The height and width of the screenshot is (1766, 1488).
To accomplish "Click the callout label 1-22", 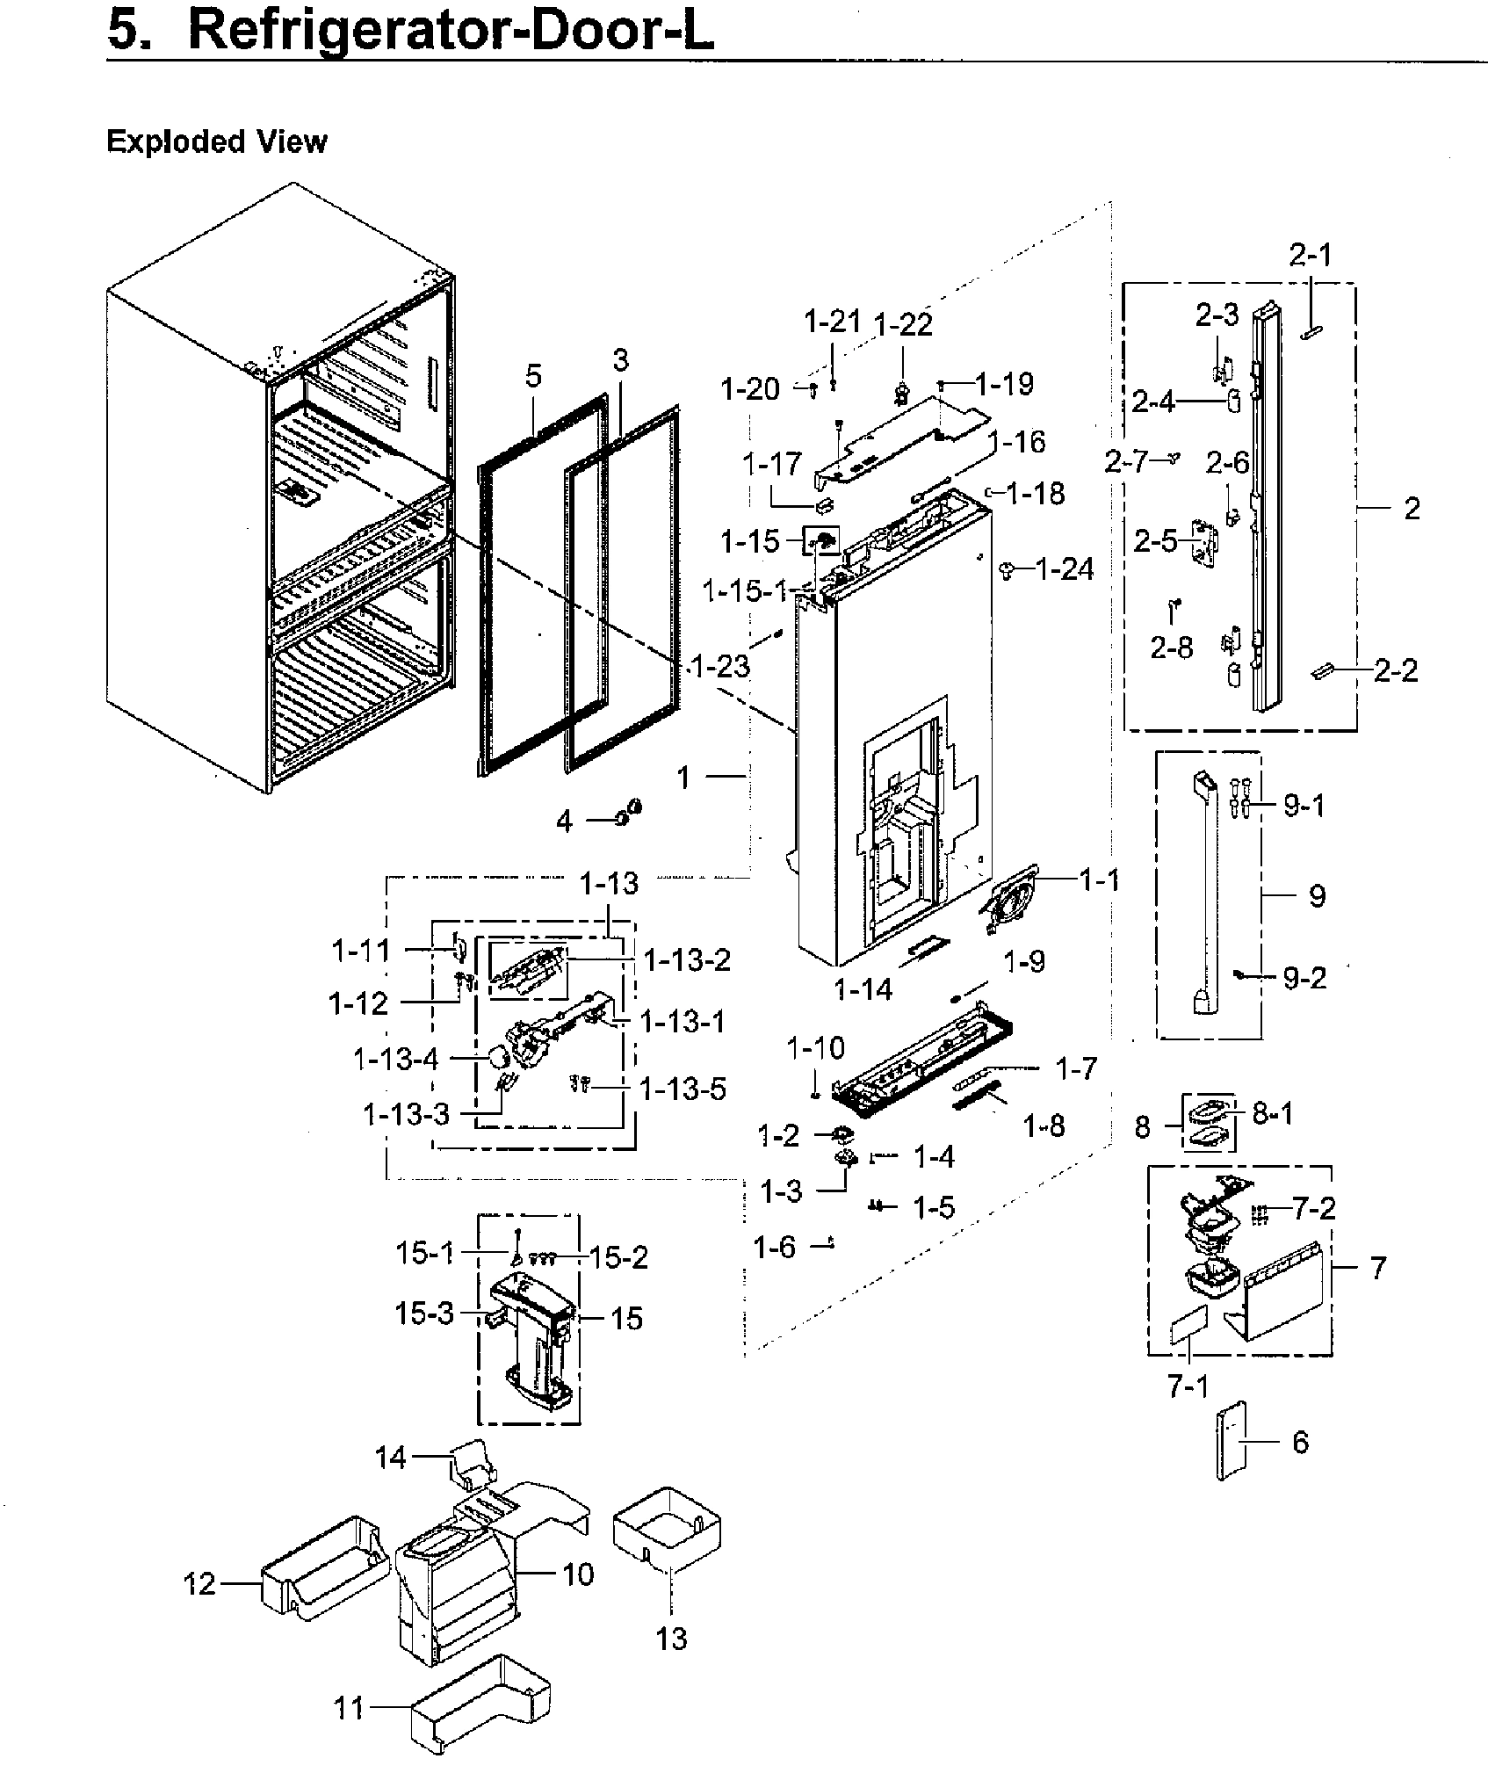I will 903,325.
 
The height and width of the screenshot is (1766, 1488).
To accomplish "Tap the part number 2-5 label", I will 1155,541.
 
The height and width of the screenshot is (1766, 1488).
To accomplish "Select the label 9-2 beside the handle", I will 1304,977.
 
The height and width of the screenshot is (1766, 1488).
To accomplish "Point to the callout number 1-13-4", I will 395,1060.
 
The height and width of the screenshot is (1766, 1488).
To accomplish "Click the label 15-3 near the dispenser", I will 424,1314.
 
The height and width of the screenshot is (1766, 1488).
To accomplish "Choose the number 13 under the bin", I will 671,1639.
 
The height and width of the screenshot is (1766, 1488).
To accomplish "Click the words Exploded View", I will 216,141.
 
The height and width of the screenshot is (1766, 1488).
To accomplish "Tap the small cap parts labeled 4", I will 630,814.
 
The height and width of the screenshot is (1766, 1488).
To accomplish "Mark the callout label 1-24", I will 1065,570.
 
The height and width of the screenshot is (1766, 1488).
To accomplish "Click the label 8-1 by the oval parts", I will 1272,1115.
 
